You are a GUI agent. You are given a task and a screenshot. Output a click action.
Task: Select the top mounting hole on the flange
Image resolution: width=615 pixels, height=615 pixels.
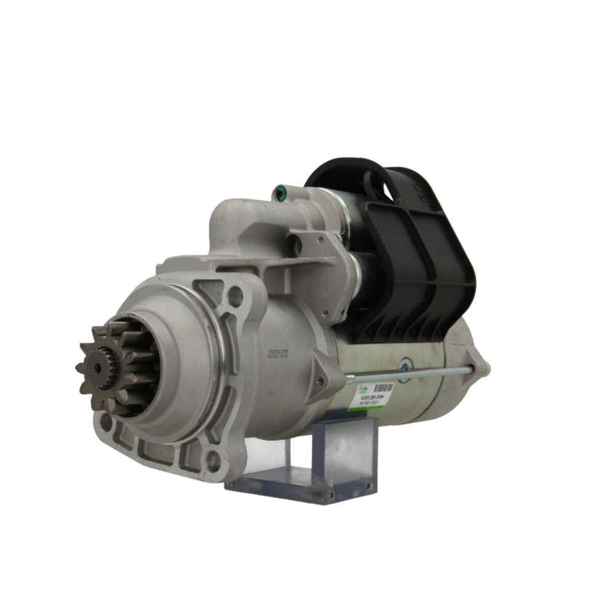click(235, 296)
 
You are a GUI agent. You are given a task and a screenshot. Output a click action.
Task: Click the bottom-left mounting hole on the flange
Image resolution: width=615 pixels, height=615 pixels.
click(106, 423)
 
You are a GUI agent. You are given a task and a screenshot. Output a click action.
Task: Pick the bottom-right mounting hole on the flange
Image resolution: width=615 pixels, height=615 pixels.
click(213, 458)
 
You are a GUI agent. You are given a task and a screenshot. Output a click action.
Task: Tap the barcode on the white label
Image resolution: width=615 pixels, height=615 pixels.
click(383, 389)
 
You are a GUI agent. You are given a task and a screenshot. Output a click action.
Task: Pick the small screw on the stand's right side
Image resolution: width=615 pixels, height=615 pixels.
click(369, 485)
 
